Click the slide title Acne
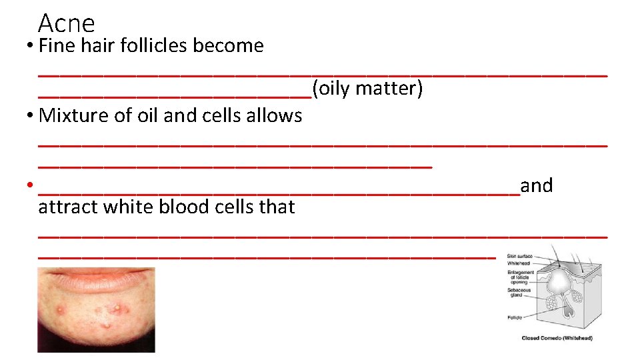pyautogui.click(x=67, y=23)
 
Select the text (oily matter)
pyautogui.click(x=367, y=88)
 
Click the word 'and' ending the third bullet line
pyautogui.click(x=537, y=185)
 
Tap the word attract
pyautogui.click(x=65, y=207)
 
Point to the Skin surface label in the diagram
pyautogui.click(x=519, y=256)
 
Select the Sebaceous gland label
pyautogui.click(x=519, y=293)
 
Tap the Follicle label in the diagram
pyautogui.click(x=515, y=317)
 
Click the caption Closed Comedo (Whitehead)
pyautogui.click(x=557, y=338)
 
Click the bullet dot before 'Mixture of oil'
pyautogui.click(x=30, y=115)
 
